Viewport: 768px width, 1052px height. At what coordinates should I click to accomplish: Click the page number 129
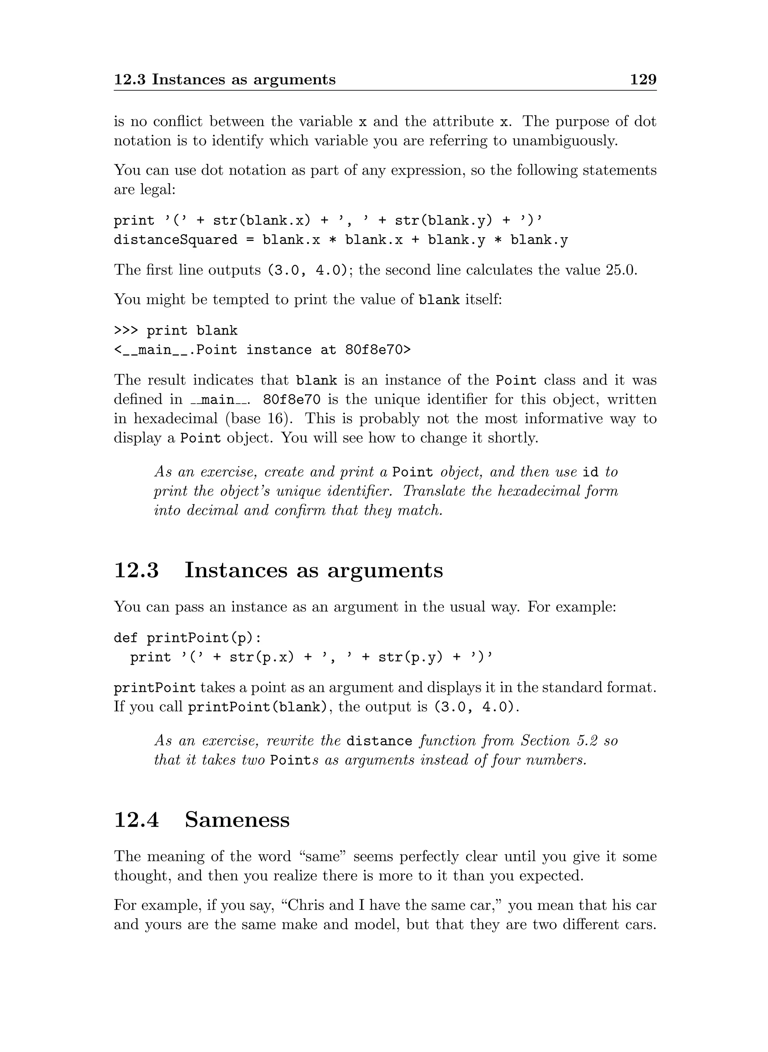point(643,79)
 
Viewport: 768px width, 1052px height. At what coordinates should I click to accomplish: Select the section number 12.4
point(136,819)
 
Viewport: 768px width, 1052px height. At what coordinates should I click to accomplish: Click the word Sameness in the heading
point(237,819)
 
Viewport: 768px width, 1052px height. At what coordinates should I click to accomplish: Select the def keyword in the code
point(126,638)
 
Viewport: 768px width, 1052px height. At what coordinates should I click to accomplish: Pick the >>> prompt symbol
point(126,331)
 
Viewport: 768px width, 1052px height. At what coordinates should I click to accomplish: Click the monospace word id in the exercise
point(590,473)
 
